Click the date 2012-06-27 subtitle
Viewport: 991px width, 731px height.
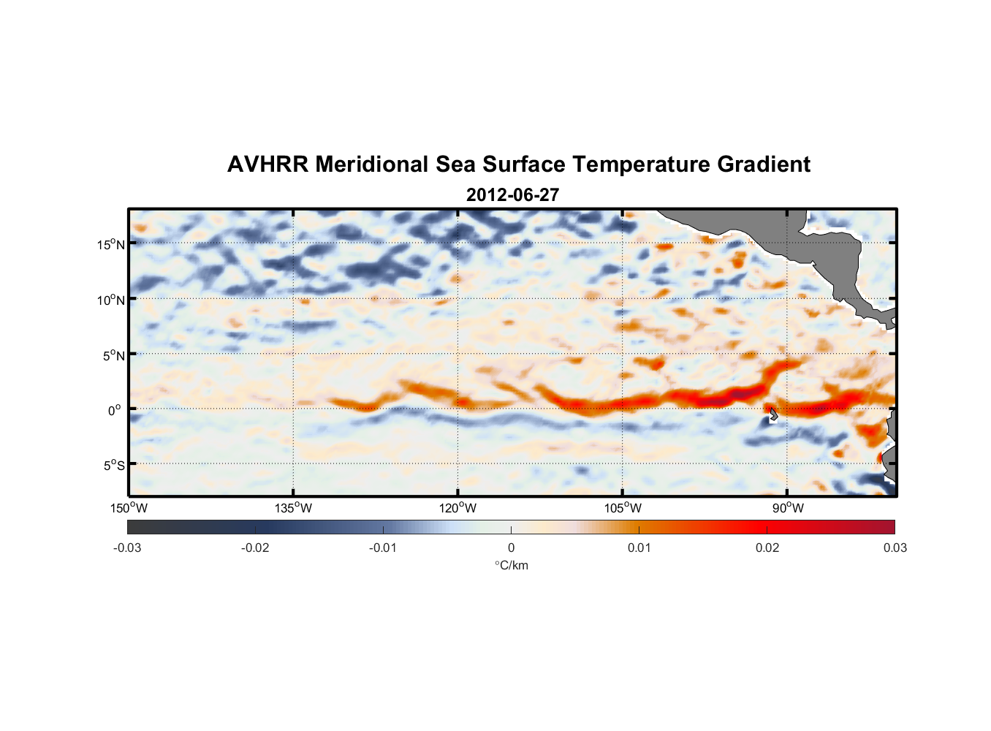pyautogui.click(x=512, y=195)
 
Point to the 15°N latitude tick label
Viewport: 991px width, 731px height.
pyautogui.click(x=110, y=244)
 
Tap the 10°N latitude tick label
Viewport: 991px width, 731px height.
pyautogui.click(x=110, y=300)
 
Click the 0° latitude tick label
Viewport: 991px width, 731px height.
pyautogui.click(x=115, y=410)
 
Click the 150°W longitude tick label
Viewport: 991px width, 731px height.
pyautogui.click(x=129, y=508)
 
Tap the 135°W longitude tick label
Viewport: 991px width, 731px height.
pyautogui.click(x=293, y=508)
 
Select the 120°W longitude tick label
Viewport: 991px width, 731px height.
pyautogui.click(x=457, y=508)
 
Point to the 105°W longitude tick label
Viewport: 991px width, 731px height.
pyautogui.click(x=623, y=508)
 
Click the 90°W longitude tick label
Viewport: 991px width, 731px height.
pyautogui.click(x=787, y=508)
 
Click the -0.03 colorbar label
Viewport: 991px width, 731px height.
pyautogui.click(x=127, y=548)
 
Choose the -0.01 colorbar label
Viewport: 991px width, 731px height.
pyautogui.click(x=383, y=548)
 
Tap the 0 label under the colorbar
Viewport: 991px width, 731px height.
pyautogui.click(x=511, y=548)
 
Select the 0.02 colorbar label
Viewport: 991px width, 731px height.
pyautogui.click(x=767, y=548)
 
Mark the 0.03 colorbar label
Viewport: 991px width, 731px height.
pyautogui.click(x=895, y=548)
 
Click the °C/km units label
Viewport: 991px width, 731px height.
pyautogui.click(x=511, y=565)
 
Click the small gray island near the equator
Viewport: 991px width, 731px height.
pyautogui.click(x=772, y=414)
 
